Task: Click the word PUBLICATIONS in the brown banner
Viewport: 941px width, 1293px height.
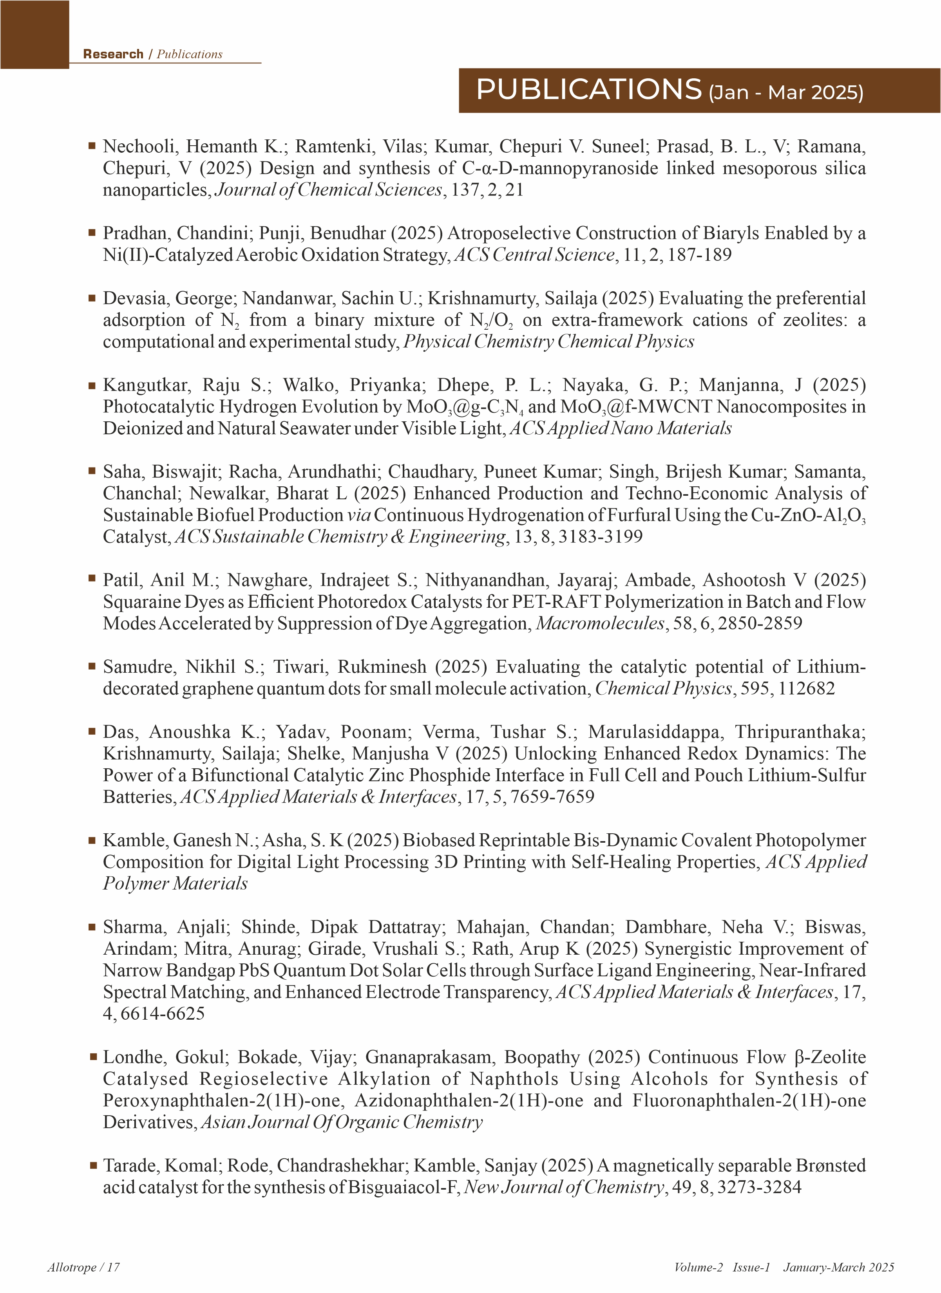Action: pos(588,90)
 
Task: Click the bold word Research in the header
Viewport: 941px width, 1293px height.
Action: pos(113,54)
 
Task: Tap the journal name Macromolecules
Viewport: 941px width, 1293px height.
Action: pos(600,623)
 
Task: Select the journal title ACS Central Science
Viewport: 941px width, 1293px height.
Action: pos(534,255)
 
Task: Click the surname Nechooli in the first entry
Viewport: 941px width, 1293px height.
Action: pos(139,146)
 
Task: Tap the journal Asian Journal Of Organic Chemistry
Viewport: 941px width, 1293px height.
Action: pos(342,1122)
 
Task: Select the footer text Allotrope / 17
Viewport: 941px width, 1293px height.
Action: pos(83,1267)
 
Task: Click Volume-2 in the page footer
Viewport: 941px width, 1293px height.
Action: pos(698,1267)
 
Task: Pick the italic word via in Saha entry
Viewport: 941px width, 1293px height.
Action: pos(359,515)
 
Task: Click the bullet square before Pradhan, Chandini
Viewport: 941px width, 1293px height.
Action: pos(92,233)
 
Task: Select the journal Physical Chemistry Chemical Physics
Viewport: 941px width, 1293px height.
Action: pos(548,341)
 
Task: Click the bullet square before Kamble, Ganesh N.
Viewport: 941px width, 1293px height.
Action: pos(92,840)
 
